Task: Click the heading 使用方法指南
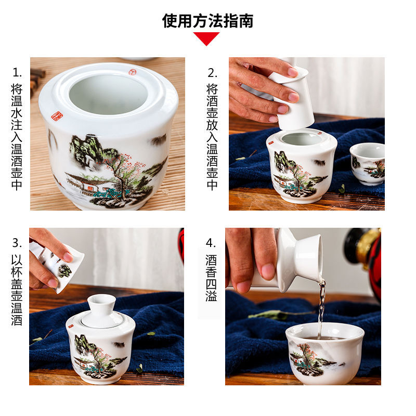[207, 21]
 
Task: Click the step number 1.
[17, 72]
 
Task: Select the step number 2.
[212, 72]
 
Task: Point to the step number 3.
[17, 243]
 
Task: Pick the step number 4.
[211, 243]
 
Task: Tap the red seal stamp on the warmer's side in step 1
[57, 116]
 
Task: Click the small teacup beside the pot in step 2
[368, 163]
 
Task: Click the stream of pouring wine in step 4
[321, 307]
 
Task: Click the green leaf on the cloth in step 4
[270, 314]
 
